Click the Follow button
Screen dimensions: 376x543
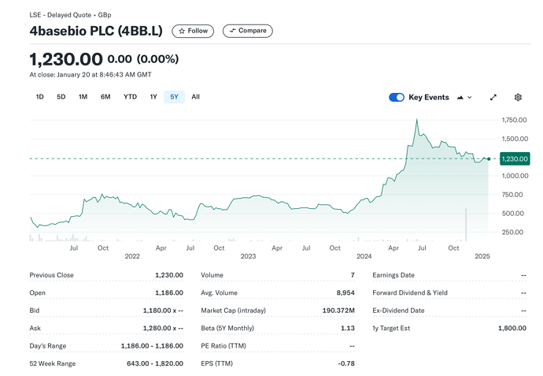click(x=193, y=31)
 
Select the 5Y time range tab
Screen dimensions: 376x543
click(x=174, y=97)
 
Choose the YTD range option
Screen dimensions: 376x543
click(x=130, y=97)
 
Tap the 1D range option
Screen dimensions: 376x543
click(x=39, y=97)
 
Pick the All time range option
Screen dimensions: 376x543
click(x=195, y=97)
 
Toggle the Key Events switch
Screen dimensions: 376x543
click(x=397, y=98)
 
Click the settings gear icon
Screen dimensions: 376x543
click(x=518, y=98)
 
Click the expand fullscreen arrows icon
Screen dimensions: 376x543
click(x=493, y=98)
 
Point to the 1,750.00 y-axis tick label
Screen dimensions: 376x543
click(x=514, y=120)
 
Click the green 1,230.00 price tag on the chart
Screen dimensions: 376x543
click(x=515, y=158)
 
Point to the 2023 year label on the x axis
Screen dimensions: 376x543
click(x=249, y=257)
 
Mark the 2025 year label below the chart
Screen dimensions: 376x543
click(x=482, y=257)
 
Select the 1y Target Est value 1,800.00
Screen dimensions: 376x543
click(x=512, y=328)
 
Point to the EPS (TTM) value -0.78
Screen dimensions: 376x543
click(x=346, y=363)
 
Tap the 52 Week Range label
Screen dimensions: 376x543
click(x=53, y=363)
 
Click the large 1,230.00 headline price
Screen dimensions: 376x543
click(x=66, y=59)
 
